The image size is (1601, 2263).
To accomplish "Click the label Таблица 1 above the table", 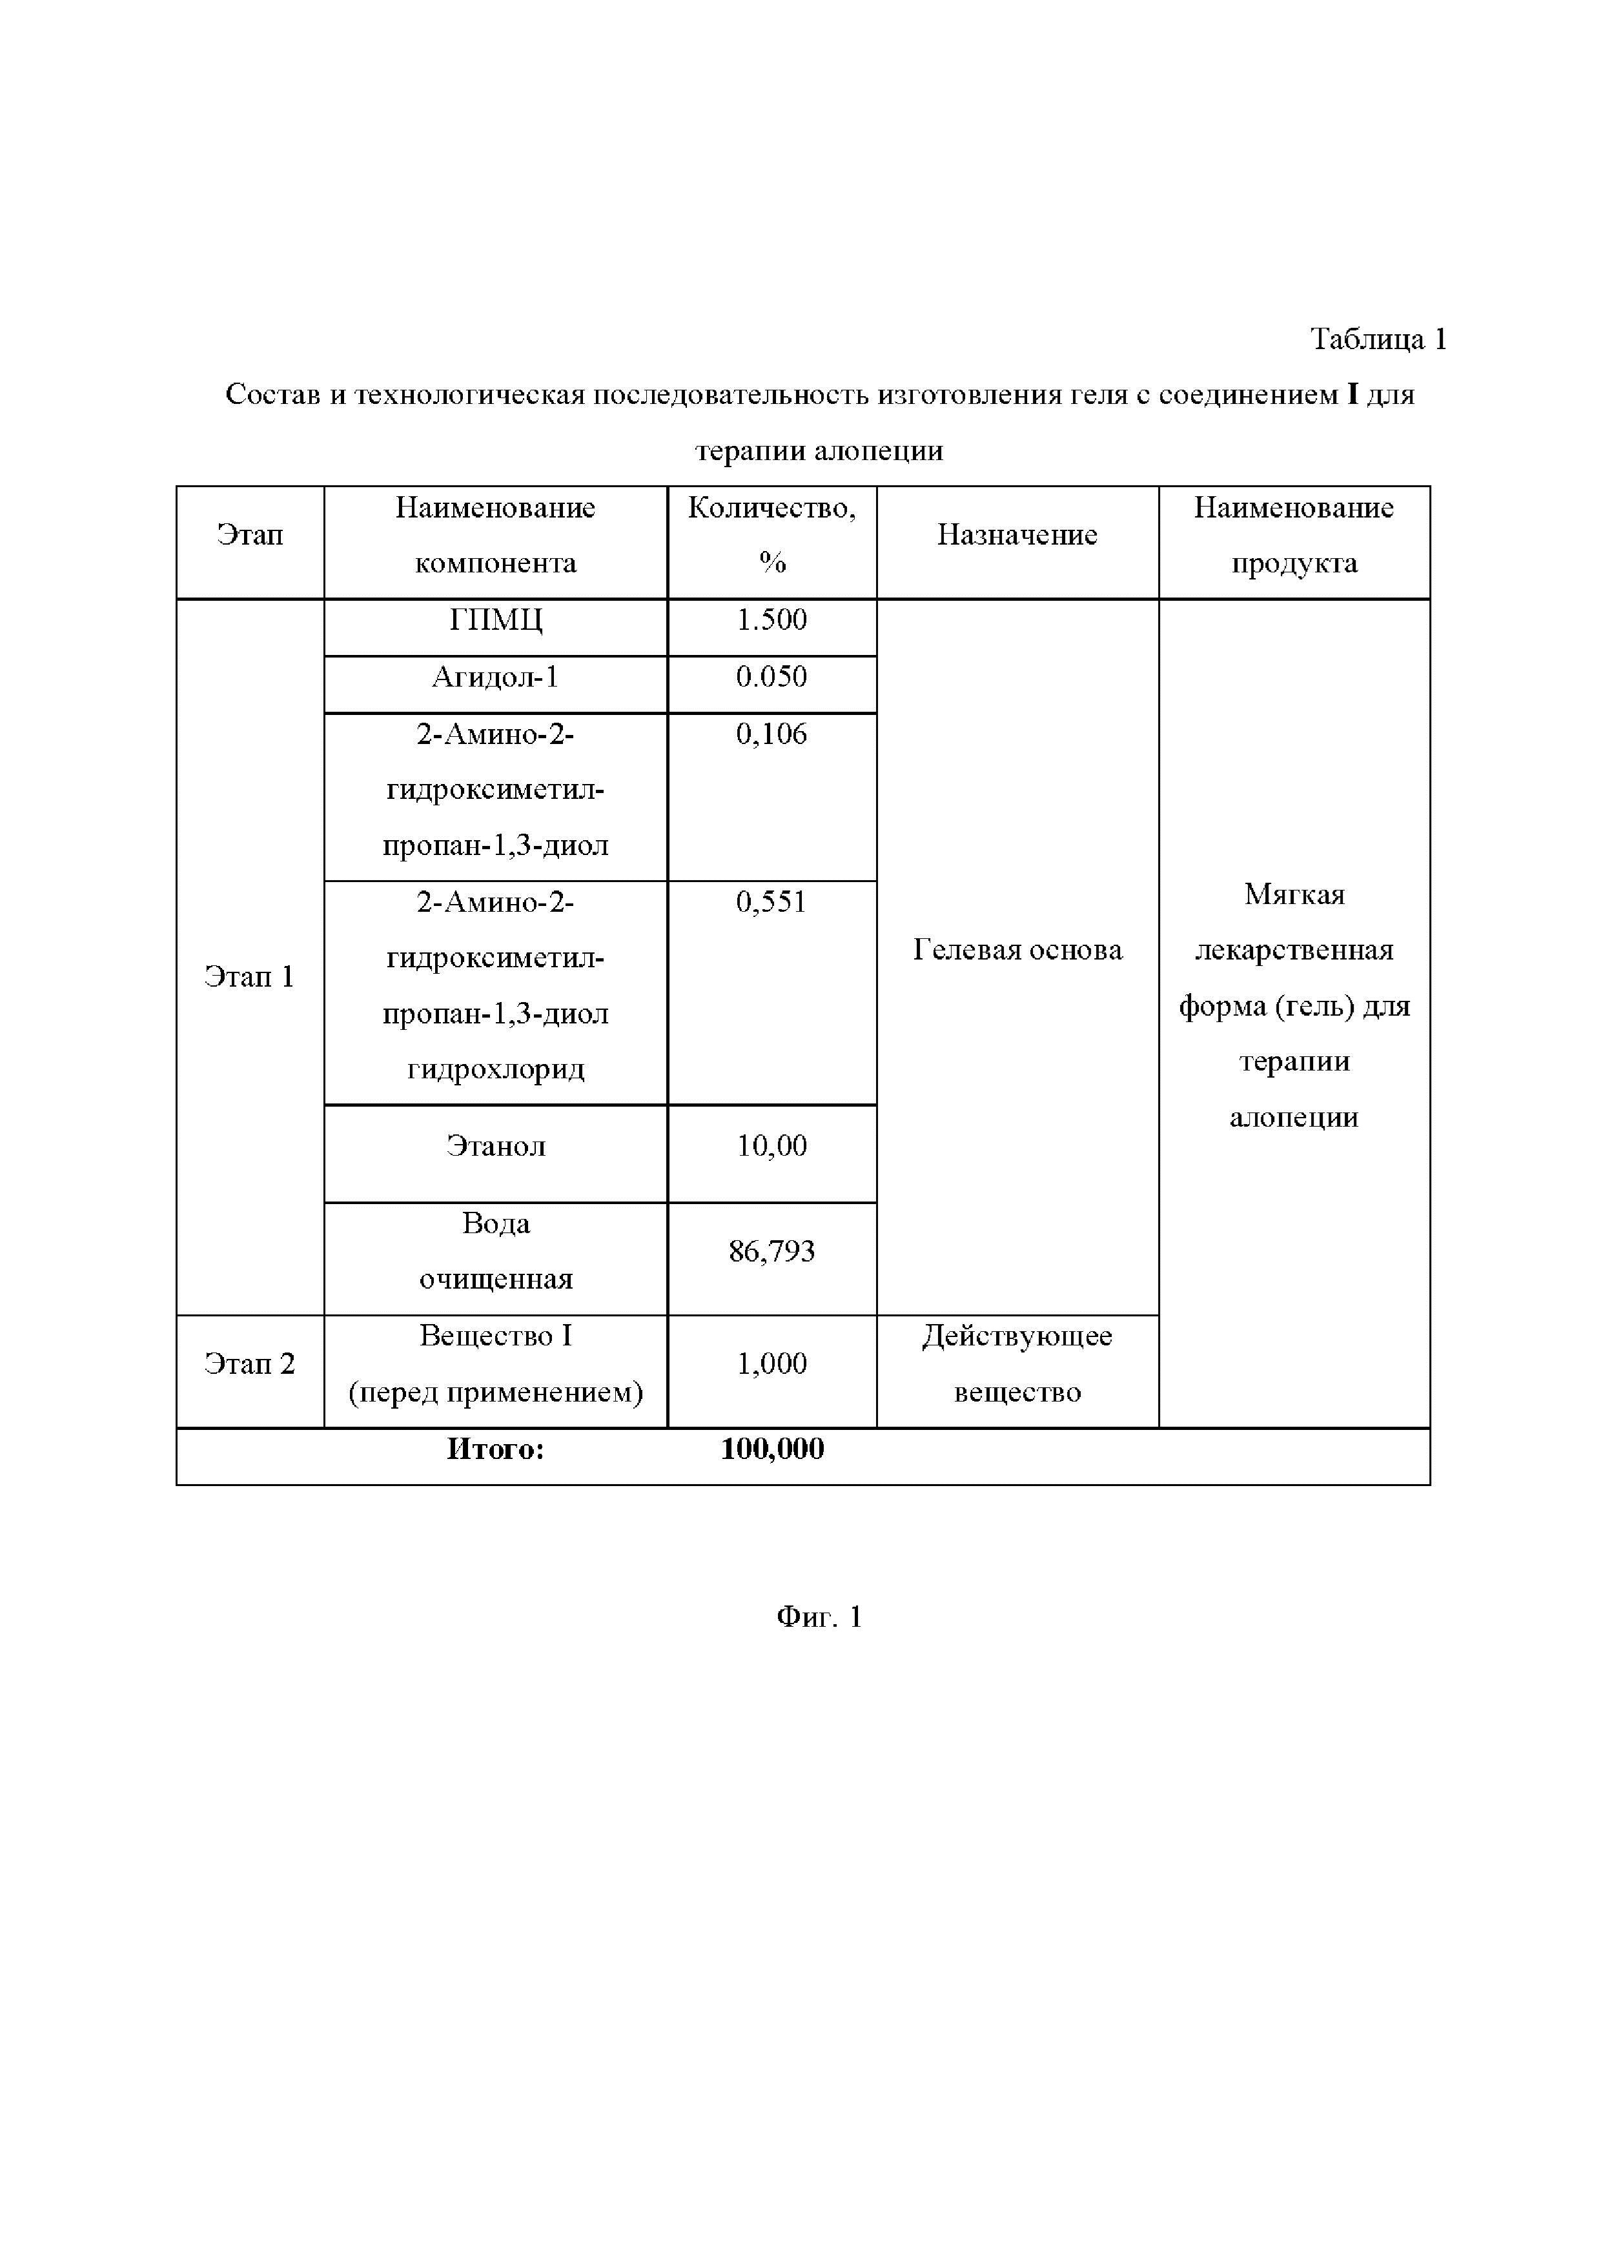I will pyautogui.click(x=1377, y=339).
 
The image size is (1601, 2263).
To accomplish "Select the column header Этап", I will pyautogui.click(x=249, y=534).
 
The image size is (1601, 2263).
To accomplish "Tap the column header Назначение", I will pyautogui.click(x=1016, y=534).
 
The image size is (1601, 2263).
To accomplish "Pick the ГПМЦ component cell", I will pyautogui.click(x=495, y=620).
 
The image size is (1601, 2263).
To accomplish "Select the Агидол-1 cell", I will pyautogui.click(x=495, y=677).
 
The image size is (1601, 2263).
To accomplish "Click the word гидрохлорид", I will pyautogui.click(x=495, y=1069).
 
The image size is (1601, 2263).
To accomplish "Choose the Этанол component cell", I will pyautogui.click(x=495, y=1145).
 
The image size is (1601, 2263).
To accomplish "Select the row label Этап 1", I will pyautogui.click(x=249, y=977).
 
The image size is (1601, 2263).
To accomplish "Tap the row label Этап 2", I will pyautogui.click(x=249, y=1364).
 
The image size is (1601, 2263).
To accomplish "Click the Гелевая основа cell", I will pyautogui.click(x=1016, y=950).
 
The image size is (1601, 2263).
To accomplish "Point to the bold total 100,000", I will pyautogui.click(x=772, y=1449).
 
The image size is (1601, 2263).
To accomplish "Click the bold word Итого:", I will pyautogui.click(x=495, y=1449).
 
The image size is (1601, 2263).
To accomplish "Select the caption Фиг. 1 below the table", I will pyautogui.click(x=819, y=1618).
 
